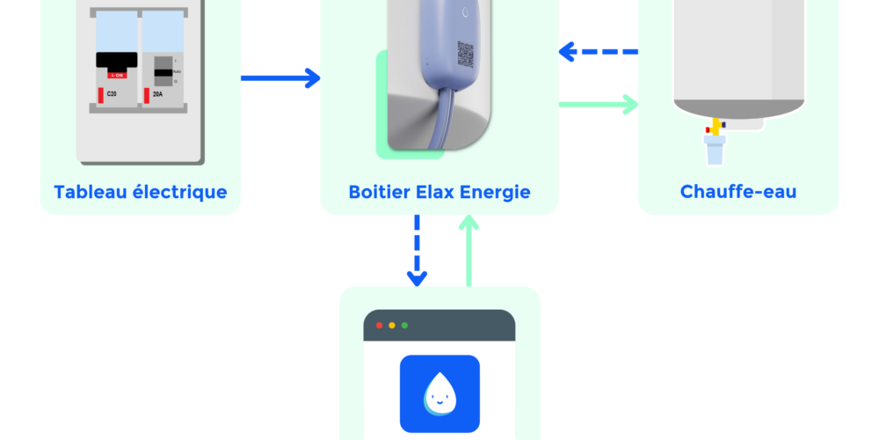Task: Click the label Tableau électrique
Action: click(x=141, y=192)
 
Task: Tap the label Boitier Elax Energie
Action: click(x=439, y=192)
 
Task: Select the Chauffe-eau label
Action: click(x=738, y=192)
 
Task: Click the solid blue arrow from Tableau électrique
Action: click(x=280, y=78)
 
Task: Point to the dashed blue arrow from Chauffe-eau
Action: click(x=599, y=53)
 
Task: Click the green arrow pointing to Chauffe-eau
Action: click(x=599, y=105)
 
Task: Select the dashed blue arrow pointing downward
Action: click(x=417, y=251)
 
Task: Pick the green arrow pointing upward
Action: click(x=469, y=251)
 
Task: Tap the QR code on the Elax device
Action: click(x=465, y=54)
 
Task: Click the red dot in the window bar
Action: click(x=380, y=326)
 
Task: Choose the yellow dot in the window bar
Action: click(x=392, y=326)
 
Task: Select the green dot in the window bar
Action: click(x=404, y=326)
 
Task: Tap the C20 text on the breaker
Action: click(x=112, y=92)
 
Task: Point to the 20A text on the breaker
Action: click(x=158, y=92)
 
